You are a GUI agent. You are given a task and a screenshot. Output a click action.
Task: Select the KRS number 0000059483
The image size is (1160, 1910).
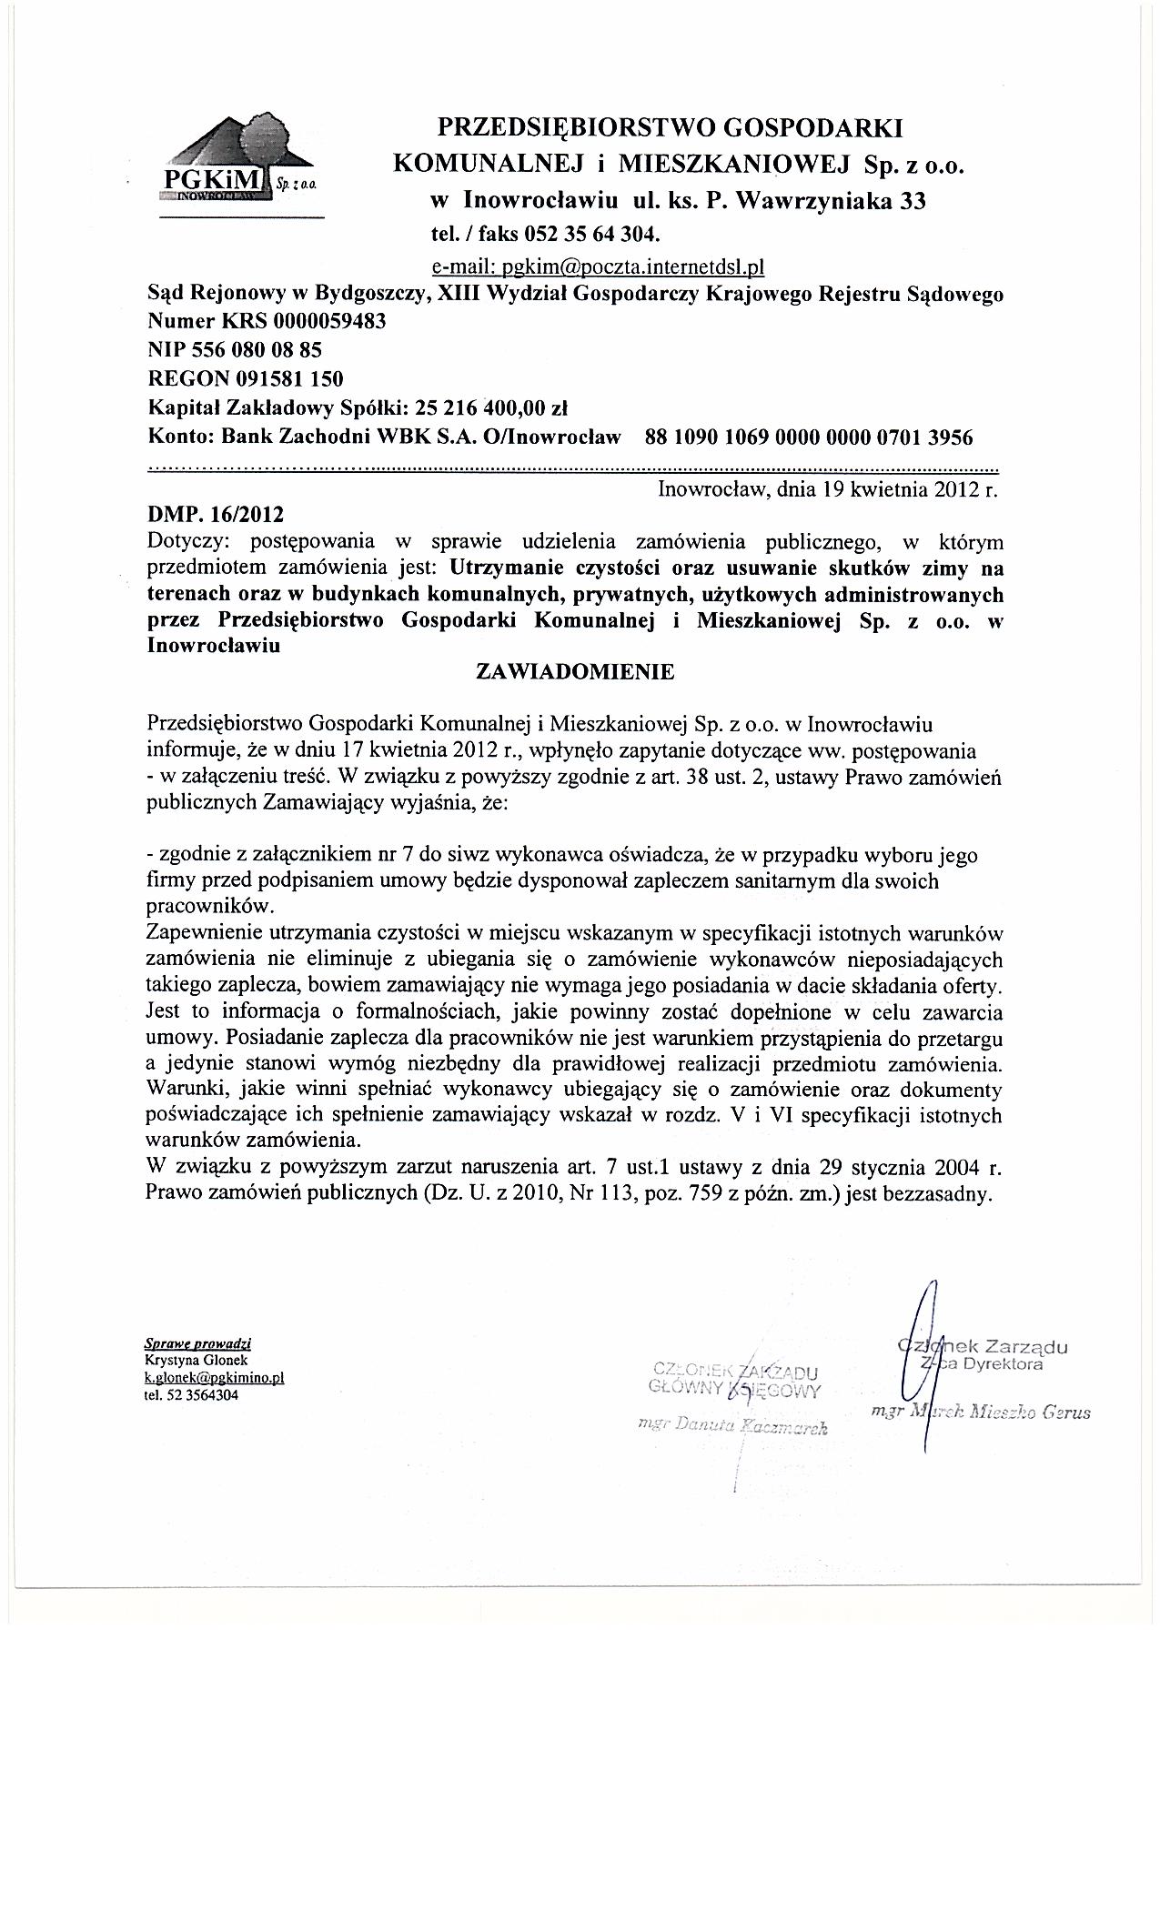322,321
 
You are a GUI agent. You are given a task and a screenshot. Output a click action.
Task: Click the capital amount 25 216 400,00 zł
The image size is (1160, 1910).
490,407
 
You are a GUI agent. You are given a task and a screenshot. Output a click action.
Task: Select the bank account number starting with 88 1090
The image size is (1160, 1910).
808,437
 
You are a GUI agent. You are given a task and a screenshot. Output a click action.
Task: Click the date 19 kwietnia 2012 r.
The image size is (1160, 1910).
910,490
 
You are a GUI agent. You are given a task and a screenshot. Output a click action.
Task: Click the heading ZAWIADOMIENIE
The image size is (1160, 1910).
576,672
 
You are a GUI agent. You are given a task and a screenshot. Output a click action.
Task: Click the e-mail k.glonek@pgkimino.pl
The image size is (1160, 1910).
215,1378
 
